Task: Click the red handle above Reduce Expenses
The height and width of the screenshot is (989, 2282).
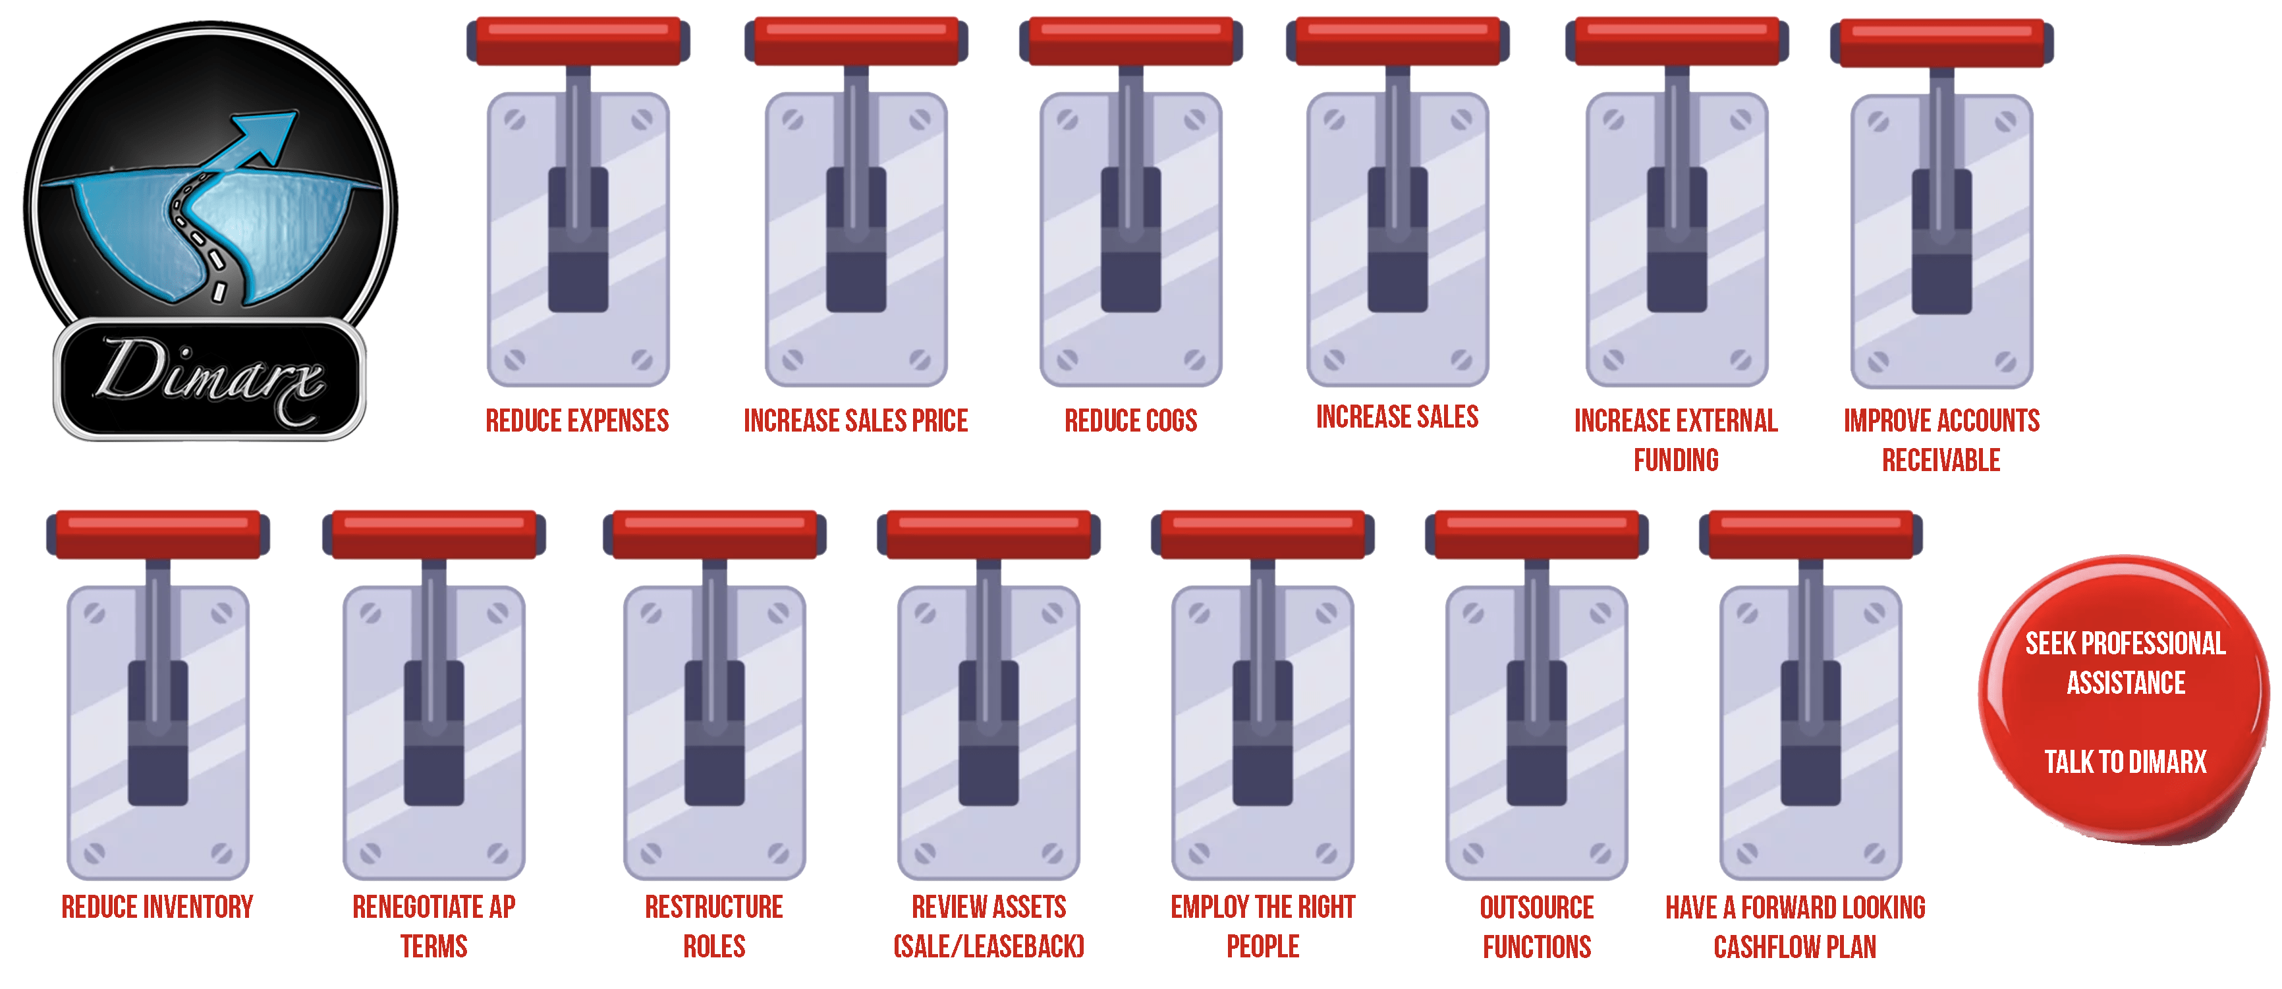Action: coord(578,41)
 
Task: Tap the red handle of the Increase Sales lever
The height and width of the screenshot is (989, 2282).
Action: coord(1397,41)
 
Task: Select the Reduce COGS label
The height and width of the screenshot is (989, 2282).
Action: coord(1130,420)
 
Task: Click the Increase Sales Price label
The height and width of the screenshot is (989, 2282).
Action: coord(856,420)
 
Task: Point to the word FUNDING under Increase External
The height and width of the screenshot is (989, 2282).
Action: coord(1676,460)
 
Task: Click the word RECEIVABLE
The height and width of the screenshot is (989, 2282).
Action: coord(1941,460)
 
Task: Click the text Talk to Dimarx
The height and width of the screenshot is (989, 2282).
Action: coord(2125,761)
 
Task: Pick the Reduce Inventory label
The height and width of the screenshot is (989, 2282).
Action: coord(157,907)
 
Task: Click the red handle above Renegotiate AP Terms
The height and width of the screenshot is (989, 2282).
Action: coord(434,534)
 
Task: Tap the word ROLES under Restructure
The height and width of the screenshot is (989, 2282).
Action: coord(714,946)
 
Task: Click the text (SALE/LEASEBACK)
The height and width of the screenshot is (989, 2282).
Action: coord(989,946)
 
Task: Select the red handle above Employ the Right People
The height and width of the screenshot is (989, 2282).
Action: coord(1262,534)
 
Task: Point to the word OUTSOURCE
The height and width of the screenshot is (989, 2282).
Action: coord(1536,907)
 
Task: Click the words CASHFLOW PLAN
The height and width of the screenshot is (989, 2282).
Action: coord(1795,946)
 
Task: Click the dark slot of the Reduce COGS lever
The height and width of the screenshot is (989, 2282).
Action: coord(1130,239)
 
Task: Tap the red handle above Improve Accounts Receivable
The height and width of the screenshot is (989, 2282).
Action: coord(1942,43)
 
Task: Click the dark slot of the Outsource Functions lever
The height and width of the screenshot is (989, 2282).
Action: coord(1536,733)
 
